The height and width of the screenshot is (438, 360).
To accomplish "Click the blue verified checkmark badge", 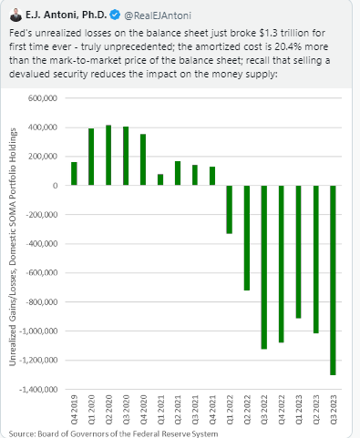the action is click(x=115, y=15).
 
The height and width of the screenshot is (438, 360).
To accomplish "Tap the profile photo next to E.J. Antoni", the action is click(x=15, y=15).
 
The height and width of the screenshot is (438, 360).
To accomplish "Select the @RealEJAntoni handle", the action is click(x=158, y=15).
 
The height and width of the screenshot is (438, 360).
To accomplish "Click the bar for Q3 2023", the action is click(x=333, y=280).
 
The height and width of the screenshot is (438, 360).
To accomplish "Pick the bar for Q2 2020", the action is click(x=108, y=155).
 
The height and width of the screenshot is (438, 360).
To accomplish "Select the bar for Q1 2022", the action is click(x=230, y=209).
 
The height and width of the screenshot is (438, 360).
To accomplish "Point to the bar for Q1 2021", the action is click(x=160, y=179).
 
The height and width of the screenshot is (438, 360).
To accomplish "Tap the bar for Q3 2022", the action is click(x=264, y=267).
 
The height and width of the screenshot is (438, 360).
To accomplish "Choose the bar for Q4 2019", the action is click(x=74, y=174).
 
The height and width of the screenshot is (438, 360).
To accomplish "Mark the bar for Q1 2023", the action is click(x=298, y=251).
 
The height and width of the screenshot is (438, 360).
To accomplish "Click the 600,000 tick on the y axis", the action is click(x=43, y=98).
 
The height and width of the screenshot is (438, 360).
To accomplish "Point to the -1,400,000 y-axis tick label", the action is click(x=38, y=389).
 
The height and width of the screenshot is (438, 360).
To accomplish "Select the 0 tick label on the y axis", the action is click(x=55, y=186).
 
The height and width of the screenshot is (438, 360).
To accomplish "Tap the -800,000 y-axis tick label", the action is click(x=42, y=302).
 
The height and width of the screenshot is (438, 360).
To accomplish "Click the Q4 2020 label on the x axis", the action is click(x=143, y=410).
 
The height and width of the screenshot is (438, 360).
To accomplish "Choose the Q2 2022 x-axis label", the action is click(x=247, y=410).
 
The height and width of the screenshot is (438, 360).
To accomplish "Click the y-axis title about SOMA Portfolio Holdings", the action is click(x=13, y=247).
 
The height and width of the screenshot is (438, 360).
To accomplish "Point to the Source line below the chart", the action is click(x=113, y=433).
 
